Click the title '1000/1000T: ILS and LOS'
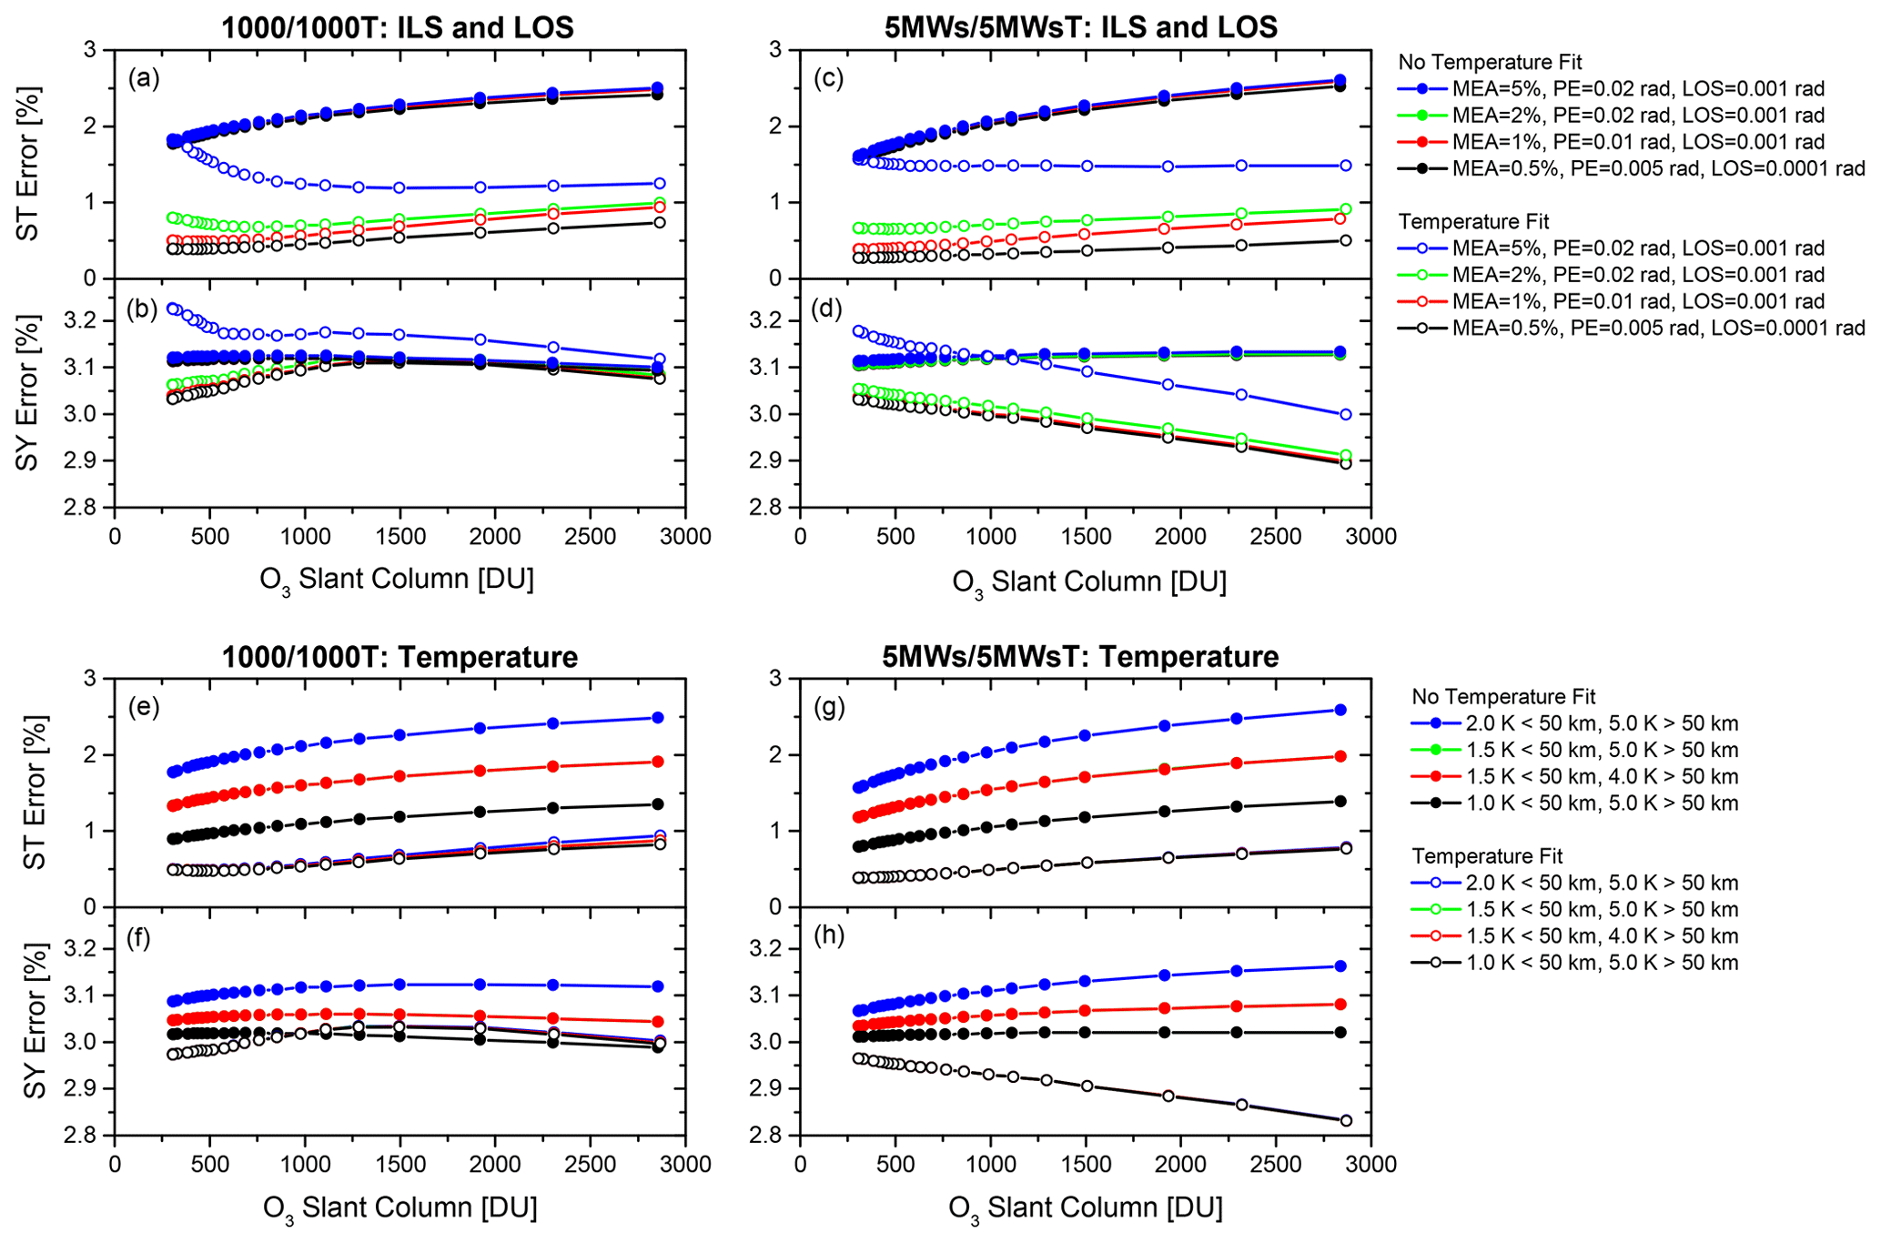[x=398, y=27]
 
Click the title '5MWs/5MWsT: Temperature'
[x=1080, y=656]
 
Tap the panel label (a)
[x=144, y=78]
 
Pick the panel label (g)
[x=828, y=707]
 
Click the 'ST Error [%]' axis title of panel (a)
[x=29, y=164]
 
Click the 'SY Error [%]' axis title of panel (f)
[x=33, y=1021]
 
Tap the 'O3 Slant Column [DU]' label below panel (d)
[x=1089, y=581]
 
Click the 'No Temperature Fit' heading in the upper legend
[x=1490, y=62]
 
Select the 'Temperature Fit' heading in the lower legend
[x=1487, y=855]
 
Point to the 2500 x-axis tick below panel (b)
[x=590, y=536]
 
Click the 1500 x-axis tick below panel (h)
[x=1086, y=1164]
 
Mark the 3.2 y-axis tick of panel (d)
[x=770, y=321]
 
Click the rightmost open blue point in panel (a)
[x=660, y=183]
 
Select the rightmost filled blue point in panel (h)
[x=1340, y=966]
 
